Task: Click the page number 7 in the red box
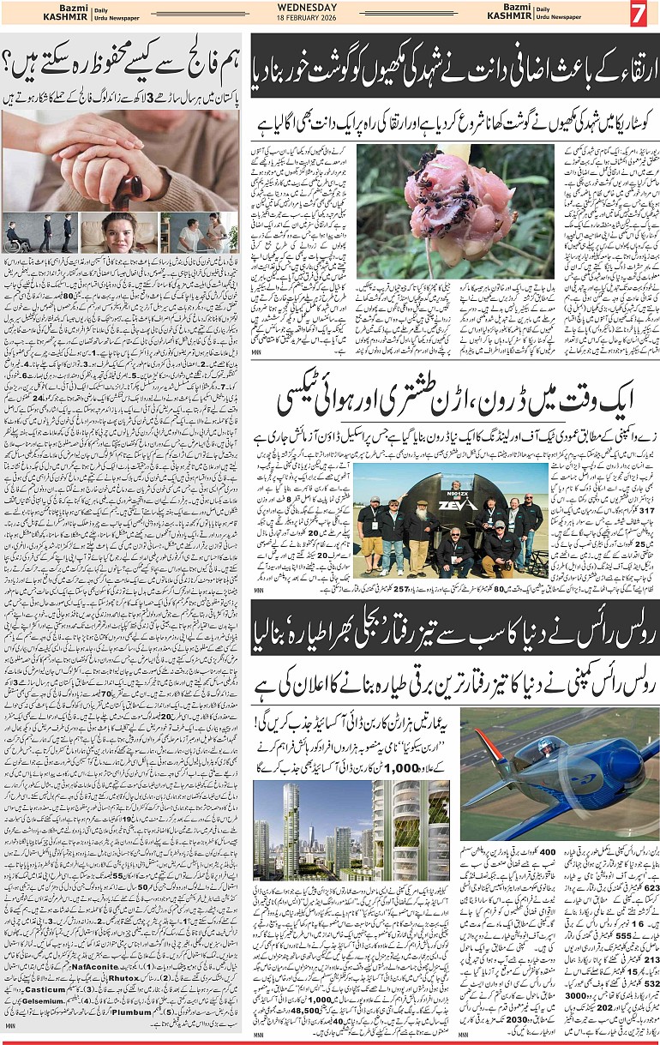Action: [639, 14]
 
